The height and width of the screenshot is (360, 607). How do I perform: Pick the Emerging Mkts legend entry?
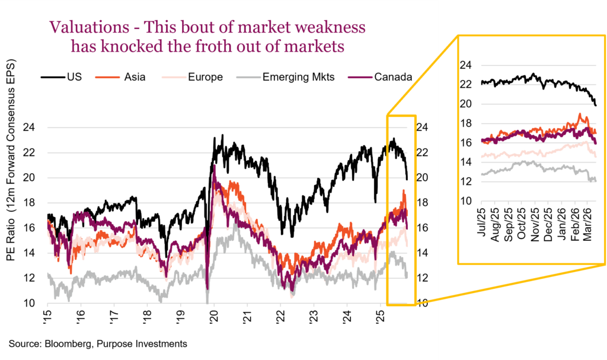click(296, 77)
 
